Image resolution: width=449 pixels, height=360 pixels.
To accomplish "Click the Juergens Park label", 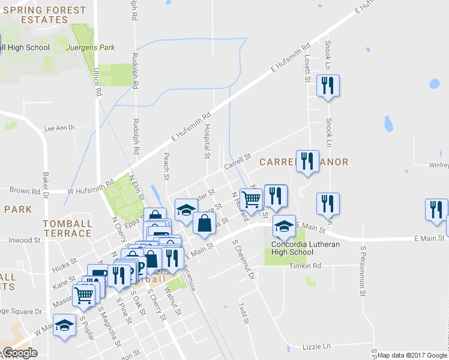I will coord(91,47).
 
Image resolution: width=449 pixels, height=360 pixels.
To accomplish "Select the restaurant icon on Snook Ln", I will coord(328,86).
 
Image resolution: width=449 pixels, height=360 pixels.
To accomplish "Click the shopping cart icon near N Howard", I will coord(251,199).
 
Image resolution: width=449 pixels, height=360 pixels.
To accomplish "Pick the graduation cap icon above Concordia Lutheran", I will coord(284,226).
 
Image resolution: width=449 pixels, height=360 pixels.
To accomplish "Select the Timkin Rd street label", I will coord(305,266).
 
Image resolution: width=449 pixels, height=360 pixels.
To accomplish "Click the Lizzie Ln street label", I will coord(318,346).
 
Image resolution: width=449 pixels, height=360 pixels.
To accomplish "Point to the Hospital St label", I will coord(206,142).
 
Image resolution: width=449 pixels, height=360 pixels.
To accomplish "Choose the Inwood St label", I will coord(25,240).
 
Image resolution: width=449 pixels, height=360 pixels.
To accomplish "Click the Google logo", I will coord(19,353).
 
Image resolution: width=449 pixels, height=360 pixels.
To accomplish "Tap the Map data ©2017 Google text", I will coord(412,355).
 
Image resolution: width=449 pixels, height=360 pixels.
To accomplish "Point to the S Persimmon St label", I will coord(363,270).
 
